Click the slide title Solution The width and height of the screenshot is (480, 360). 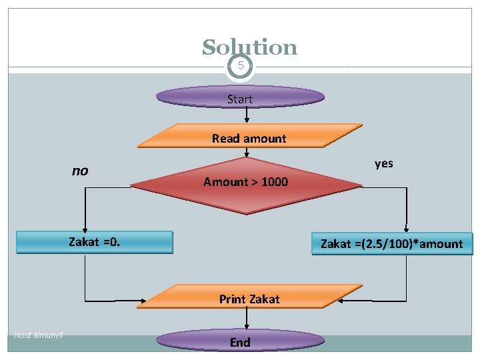249,47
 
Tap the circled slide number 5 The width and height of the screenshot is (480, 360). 240,65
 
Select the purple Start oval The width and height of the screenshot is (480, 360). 240,98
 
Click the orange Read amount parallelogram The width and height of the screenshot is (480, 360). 249,137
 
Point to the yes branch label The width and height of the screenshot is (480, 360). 384,163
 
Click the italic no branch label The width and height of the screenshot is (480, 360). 80,171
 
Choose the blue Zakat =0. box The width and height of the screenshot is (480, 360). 94,242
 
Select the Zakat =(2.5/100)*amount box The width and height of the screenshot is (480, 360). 391,243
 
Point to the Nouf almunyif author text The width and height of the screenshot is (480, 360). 38,335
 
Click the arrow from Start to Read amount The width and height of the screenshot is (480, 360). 247,116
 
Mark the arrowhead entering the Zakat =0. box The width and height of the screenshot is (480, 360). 85,227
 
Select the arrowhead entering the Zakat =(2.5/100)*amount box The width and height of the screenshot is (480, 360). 407,229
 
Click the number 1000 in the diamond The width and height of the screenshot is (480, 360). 275,182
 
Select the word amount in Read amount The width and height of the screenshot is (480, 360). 265,139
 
